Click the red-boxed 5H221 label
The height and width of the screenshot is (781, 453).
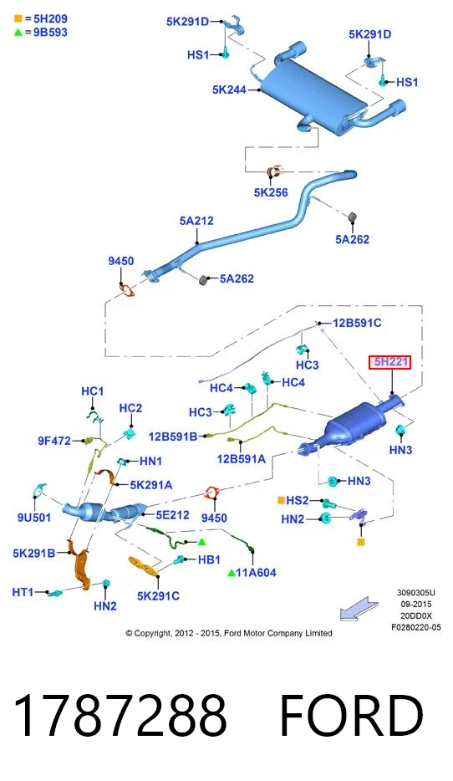click(390, 362)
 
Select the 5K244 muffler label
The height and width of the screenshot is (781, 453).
click(229, 89)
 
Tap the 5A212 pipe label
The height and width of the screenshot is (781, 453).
click(196, 221)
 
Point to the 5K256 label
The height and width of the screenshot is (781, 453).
click(271, 192)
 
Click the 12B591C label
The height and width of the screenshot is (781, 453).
click(357, 323)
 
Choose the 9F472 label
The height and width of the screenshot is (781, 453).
click(54, 441)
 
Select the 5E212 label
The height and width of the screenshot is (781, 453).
click(172, 514)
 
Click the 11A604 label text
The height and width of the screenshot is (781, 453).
click(256, 573)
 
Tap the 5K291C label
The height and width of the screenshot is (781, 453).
click(158, 595)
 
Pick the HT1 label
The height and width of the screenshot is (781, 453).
click(23, 592)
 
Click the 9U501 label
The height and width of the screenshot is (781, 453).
click(34, 518)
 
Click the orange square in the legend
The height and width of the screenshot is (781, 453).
click(18, 19)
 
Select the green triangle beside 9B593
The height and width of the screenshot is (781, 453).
click(18, 33)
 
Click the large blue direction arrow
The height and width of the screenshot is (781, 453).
click(359, 609)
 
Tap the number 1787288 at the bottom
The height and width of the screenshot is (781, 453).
click(120, 715)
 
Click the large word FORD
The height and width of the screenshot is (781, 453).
click(351, 715)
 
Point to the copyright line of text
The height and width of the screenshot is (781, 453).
click(228, 633)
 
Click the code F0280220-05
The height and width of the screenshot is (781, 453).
click(415, 627)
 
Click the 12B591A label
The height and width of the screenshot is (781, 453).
click(241, 459)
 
